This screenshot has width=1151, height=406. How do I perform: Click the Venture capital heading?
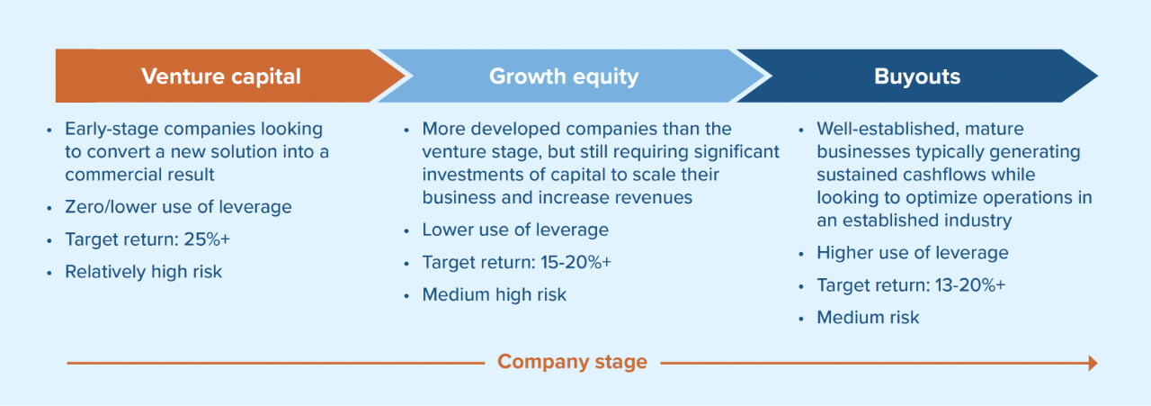coord(221,77)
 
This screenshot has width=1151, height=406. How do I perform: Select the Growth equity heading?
coord(564,77)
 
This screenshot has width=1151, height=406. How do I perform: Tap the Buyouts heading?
coord(917,77)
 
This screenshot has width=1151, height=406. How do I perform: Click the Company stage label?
coord(572,362)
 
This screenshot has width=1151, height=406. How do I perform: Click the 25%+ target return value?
coord(207,239)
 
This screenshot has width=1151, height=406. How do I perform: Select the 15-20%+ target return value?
coord(576,263)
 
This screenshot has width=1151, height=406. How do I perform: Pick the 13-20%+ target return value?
coord(970,285)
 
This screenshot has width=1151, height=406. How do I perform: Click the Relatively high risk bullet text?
coord(143,272)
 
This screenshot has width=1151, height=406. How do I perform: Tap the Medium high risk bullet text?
coord(495,295)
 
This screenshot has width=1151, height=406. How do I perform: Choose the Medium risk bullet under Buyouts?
coord(868,318)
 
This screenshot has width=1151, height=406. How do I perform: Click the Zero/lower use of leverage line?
coord(178,207)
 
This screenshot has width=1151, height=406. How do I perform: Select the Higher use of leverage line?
coord(913,253)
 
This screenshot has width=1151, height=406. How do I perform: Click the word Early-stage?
coord(111,129)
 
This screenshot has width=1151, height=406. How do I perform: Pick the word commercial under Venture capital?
coord(109,175)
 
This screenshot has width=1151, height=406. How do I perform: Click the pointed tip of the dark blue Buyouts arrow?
coord(1097,77)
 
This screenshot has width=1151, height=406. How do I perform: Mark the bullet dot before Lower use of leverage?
coord(406,231)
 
